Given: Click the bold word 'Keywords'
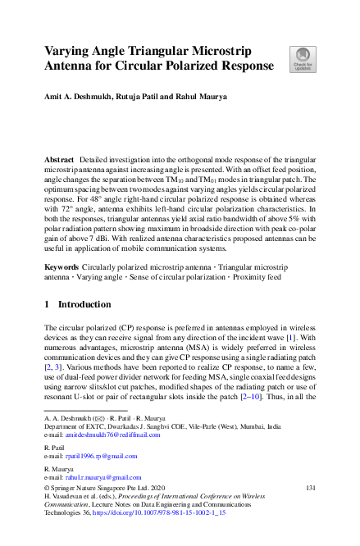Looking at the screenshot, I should pyautogui.click(x=61, y=246).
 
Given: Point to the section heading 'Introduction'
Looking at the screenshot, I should pyautogui.click(x=84, y=303).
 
